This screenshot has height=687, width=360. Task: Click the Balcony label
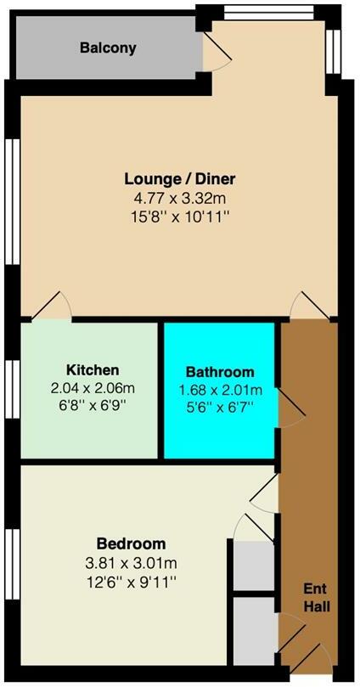[x=108, y=48]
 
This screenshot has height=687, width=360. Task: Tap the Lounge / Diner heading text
[x=179, y=179]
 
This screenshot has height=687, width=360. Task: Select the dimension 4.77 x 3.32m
[x=179, y=199]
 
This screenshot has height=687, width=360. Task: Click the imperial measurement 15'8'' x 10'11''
[x=179, y=217]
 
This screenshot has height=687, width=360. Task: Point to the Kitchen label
[x=92, y=369]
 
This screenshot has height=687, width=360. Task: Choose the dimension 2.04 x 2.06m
[x=92, y=388]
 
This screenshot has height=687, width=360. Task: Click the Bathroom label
[x=220, y=372]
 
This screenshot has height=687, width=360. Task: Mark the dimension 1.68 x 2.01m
[x=220, y=391]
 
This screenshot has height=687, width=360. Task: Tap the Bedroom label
[x=131, y=543]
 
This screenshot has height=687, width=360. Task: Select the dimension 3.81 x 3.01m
[x=131, y=562]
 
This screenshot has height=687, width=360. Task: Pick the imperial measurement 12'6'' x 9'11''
[x=131, y=582]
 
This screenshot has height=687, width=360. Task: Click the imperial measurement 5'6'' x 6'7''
[x=220, y=408]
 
